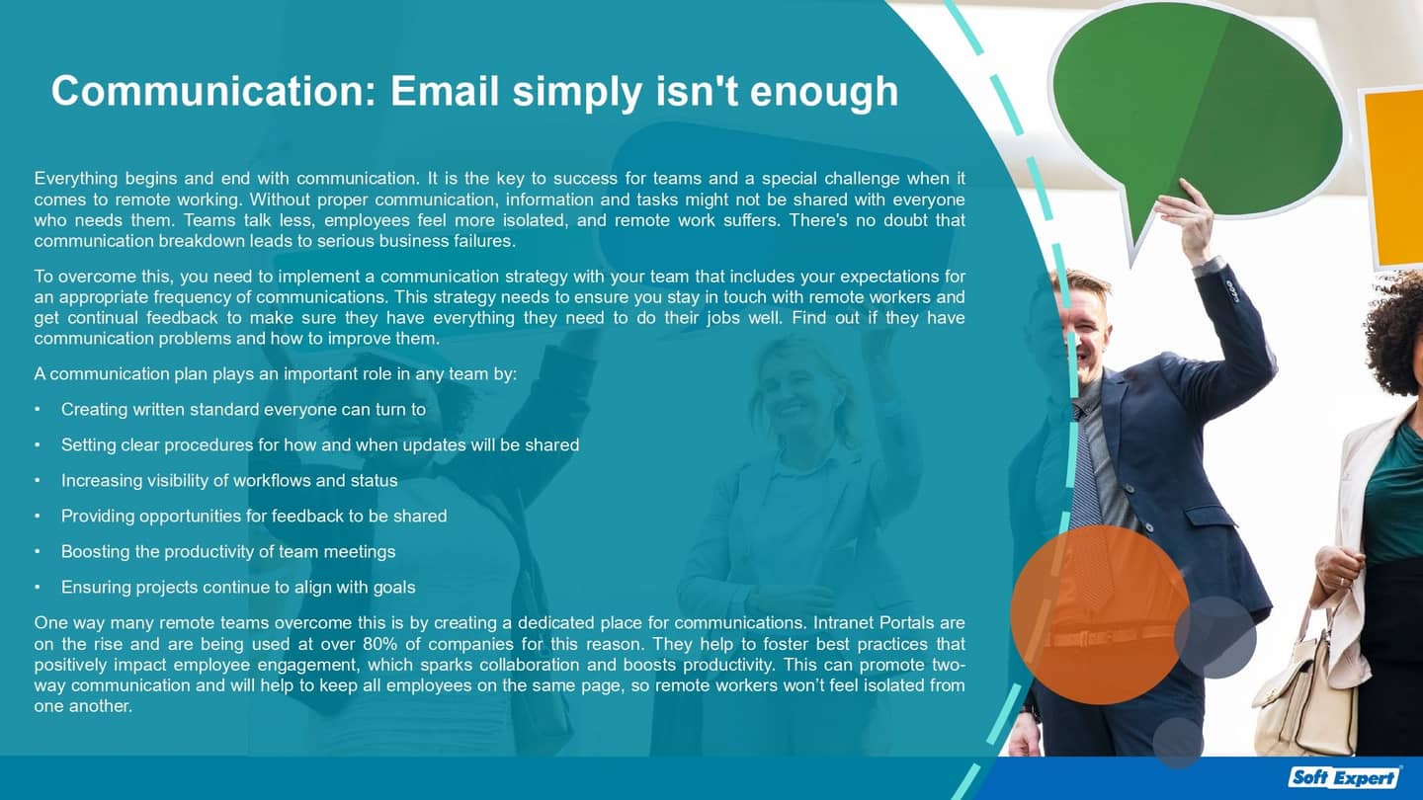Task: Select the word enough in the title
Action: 824,93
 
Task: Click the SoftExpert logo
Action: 1345,777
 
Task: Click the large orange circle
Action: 1099,613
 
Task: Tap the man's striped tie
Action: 1085,464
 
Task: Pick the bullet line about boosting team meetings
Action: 228,551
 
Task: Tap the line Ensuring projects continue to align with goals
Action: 238,587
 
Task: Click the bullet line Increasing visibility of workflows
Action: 229,480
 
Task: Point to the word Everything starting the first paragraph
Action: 75,179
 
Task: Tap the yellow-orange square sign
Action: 1392,178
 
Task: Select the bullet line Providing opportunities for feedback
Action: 254,516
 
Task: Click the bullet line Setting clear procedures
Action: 320,444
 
